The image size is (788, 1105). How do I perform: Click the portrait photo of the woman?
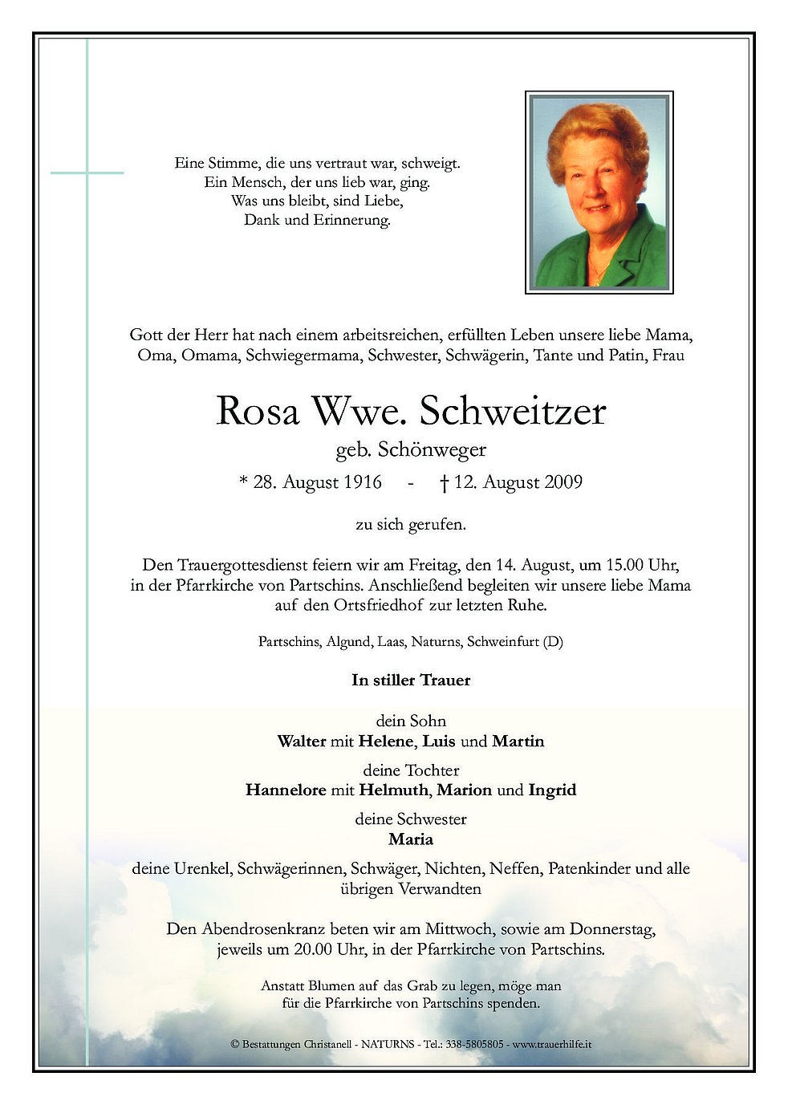pos(599,193)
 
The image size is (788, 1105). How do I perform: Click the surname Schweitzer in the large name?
pos(512,412)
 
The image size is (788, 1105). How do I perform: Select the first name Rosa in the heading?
pos(257,412)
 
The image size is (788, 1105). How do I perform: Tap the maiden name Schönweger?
pos(434,450)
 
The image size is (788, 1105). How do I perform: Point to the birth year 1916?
pos(361,482)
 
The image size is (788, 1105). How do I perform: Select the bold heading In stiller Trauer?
pos(411,680)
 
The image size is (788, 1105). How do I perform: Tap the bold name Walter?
pos(301,741)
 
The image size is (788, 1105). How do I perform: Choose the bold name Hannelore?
pos(286,790)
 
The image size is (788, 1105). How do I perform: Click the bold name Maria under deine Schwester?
pos(411,839)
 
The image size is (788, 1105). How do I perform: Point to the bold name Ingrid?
pos(552,790)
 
